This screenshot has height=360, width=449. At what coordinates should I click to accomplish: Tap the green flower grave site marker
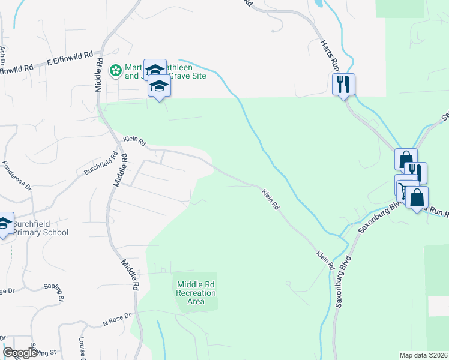[x=115, y=71]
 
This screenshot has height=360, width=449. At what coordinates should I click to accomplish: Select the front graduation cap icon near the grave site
[x=159, y=86]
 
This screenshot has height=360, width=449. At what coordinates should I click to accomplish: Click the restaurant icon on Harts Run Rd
[x=343, y=83]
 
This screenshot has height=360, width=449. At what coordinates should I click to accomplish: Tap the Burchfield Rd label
[x=98, y=163]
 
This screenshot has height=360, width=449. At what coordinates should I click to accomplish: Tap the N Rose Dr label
[x=116, y=319]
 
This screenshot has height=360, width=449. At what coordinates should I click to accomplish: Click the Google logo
[x=20, y=353]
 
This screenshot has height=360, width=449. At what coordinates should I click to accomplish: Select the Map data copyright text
[x=423, y=355]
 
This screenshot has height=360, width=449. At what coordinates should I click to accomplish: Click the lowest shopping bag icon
[x=417, y=197]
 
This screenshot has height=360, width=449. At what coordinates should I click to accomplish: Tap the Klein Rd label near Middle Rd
[x=134, y=141]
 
